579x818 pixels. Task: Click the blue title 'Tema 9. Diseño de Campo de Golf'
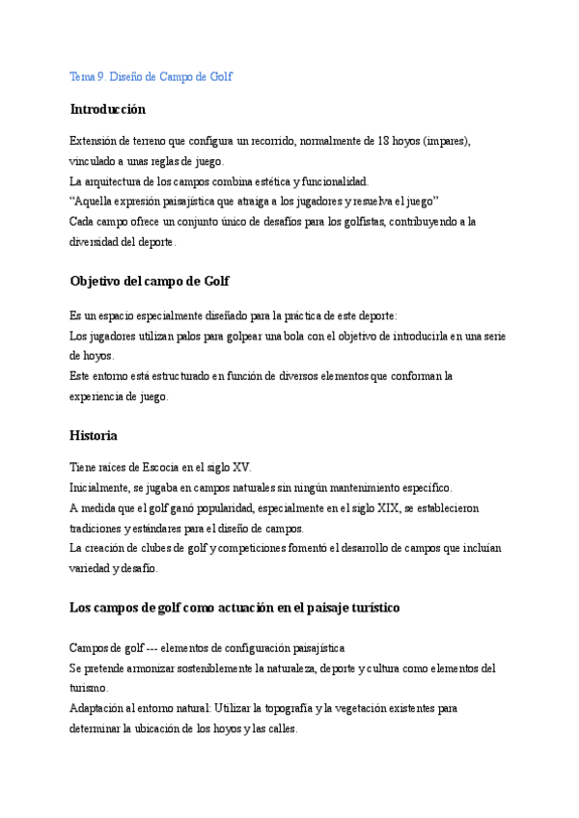[151, 76]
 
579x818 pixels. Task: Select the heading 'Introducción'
[107, 109]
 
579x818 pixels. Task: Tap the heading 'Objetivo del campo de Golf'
[149, 281]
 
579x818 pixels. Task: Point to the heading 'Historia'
[94, 435]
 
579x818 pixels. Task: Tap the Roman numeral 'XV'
[242, 467]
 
